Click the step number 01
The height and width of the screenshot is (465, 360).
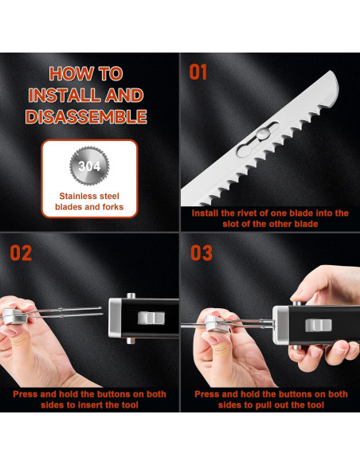pyautogui.click(x=198, y=72)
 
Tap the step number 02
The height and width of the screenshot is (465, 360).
pyautogui.click(x=21, y=253)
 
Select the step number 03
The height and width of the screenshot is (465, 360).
pyautogui.click(x=201, y=253)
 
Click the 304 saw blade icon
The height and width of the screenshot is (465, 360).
pyautogui.click(x=89, y=166)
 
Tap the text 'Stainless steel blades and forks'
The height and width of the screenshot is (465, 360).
pyautogui.click(x=89, y=201)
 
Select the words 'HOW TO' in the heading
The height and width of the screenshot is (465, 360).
pyautogui.click(x=87, y=74)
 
